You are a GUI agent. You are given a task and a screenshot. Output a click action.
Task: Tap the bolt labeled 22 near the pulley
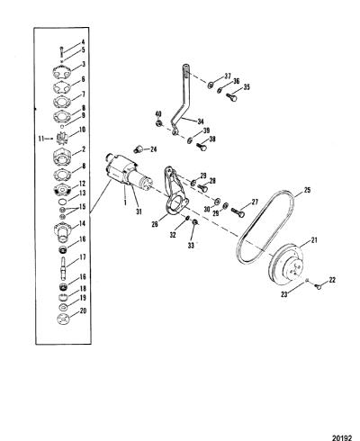[318, 286]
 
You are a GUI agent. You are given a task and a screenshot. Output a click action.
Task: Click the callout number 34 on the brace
[201, 121]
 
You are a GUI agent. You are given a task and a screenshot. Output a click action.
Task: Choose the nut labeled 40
[159, 123]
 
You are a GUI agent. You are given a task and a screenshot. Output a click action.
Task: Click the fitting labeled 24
[139, 148]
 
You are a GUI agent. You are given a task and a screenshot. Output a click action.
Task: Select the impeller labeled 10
[63, 139]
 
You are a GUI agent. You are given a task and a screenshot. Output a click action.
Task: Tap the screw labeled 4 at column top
[62, 51]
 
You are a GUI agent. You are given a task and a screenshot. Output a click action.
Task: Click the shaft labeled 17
[64, 265]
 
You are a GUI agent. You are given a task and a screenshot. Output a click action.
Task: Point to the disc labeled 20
[63, 319]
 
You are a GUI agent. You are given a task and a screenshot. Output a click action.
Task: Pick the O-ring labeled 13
[62, 201]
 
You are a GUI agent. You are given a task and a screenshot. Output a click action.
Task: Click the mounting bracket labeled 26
[175, 192]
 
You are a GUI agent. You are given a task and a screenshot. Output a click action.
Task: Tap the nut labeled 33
[194, 222]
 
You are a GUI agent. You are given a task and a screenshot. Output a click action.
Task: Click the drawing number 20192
[342, 437]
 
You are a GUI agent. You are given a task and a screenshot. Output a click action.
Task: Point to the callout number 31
[139, 211]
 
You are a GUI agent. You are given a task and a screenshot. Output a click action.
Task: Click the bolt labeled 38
[201, 147]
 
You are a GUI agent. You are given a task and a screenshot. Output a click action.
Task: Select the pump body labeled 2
[62, 156]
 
